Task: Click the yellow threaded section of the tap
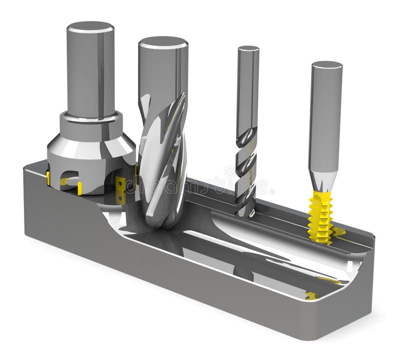[320, 217]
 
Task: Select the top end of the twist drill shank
[248, 48]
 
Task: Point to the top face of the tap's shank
[326, 65]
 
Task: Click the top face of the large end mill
[163, 42]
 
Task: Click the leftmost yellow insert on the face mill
[48, 178]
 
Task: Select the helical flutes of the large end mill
[162, 160]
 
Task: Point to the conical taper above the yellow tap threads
[323, 181]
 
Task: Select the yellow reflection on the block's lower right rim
[312, 296]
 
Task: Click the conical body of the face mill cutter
[90, 150]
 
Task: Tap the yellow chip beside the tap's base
[339, 231]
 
